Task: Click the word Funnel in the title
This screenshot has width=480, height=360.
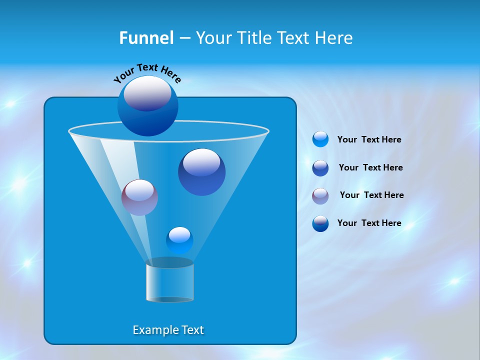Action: (x=146, y=38)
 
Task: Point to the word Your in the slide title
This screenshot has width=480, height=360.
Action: (x=213, y=38)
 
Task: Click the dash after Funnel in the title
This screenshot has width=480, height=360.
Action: (x=184, y=38)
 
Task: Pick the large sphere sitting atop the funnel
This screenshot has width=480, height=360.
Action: (x=147, y=105)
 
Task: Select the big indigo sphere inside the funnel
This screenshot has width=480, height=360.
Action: (x=201, y=172)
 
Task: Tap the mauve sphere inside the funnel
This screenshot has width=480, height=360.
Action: (x=139, y=197)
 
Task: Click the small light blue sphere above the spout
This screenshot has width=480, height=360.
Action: (x=179, y=240)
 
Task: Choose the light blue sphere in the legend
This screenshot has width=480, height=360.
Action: (x=320, y=139)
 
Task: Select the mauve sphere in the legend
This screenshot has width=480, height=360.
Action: (x=320, y=195)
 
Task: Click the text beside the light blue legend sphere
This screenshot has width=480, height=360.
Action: (x=369, y=140)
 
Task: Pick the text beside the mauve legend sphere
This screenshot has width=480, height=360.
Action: (x=371, y=195)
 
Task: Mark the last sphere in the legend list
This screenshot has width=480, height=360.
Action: (x=320, y=223)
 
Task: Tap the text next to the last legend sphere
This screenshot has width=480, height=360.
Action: (x=369, y=223)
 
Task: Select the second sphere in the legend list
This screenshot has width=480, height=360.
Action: (x=320, y=168)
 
